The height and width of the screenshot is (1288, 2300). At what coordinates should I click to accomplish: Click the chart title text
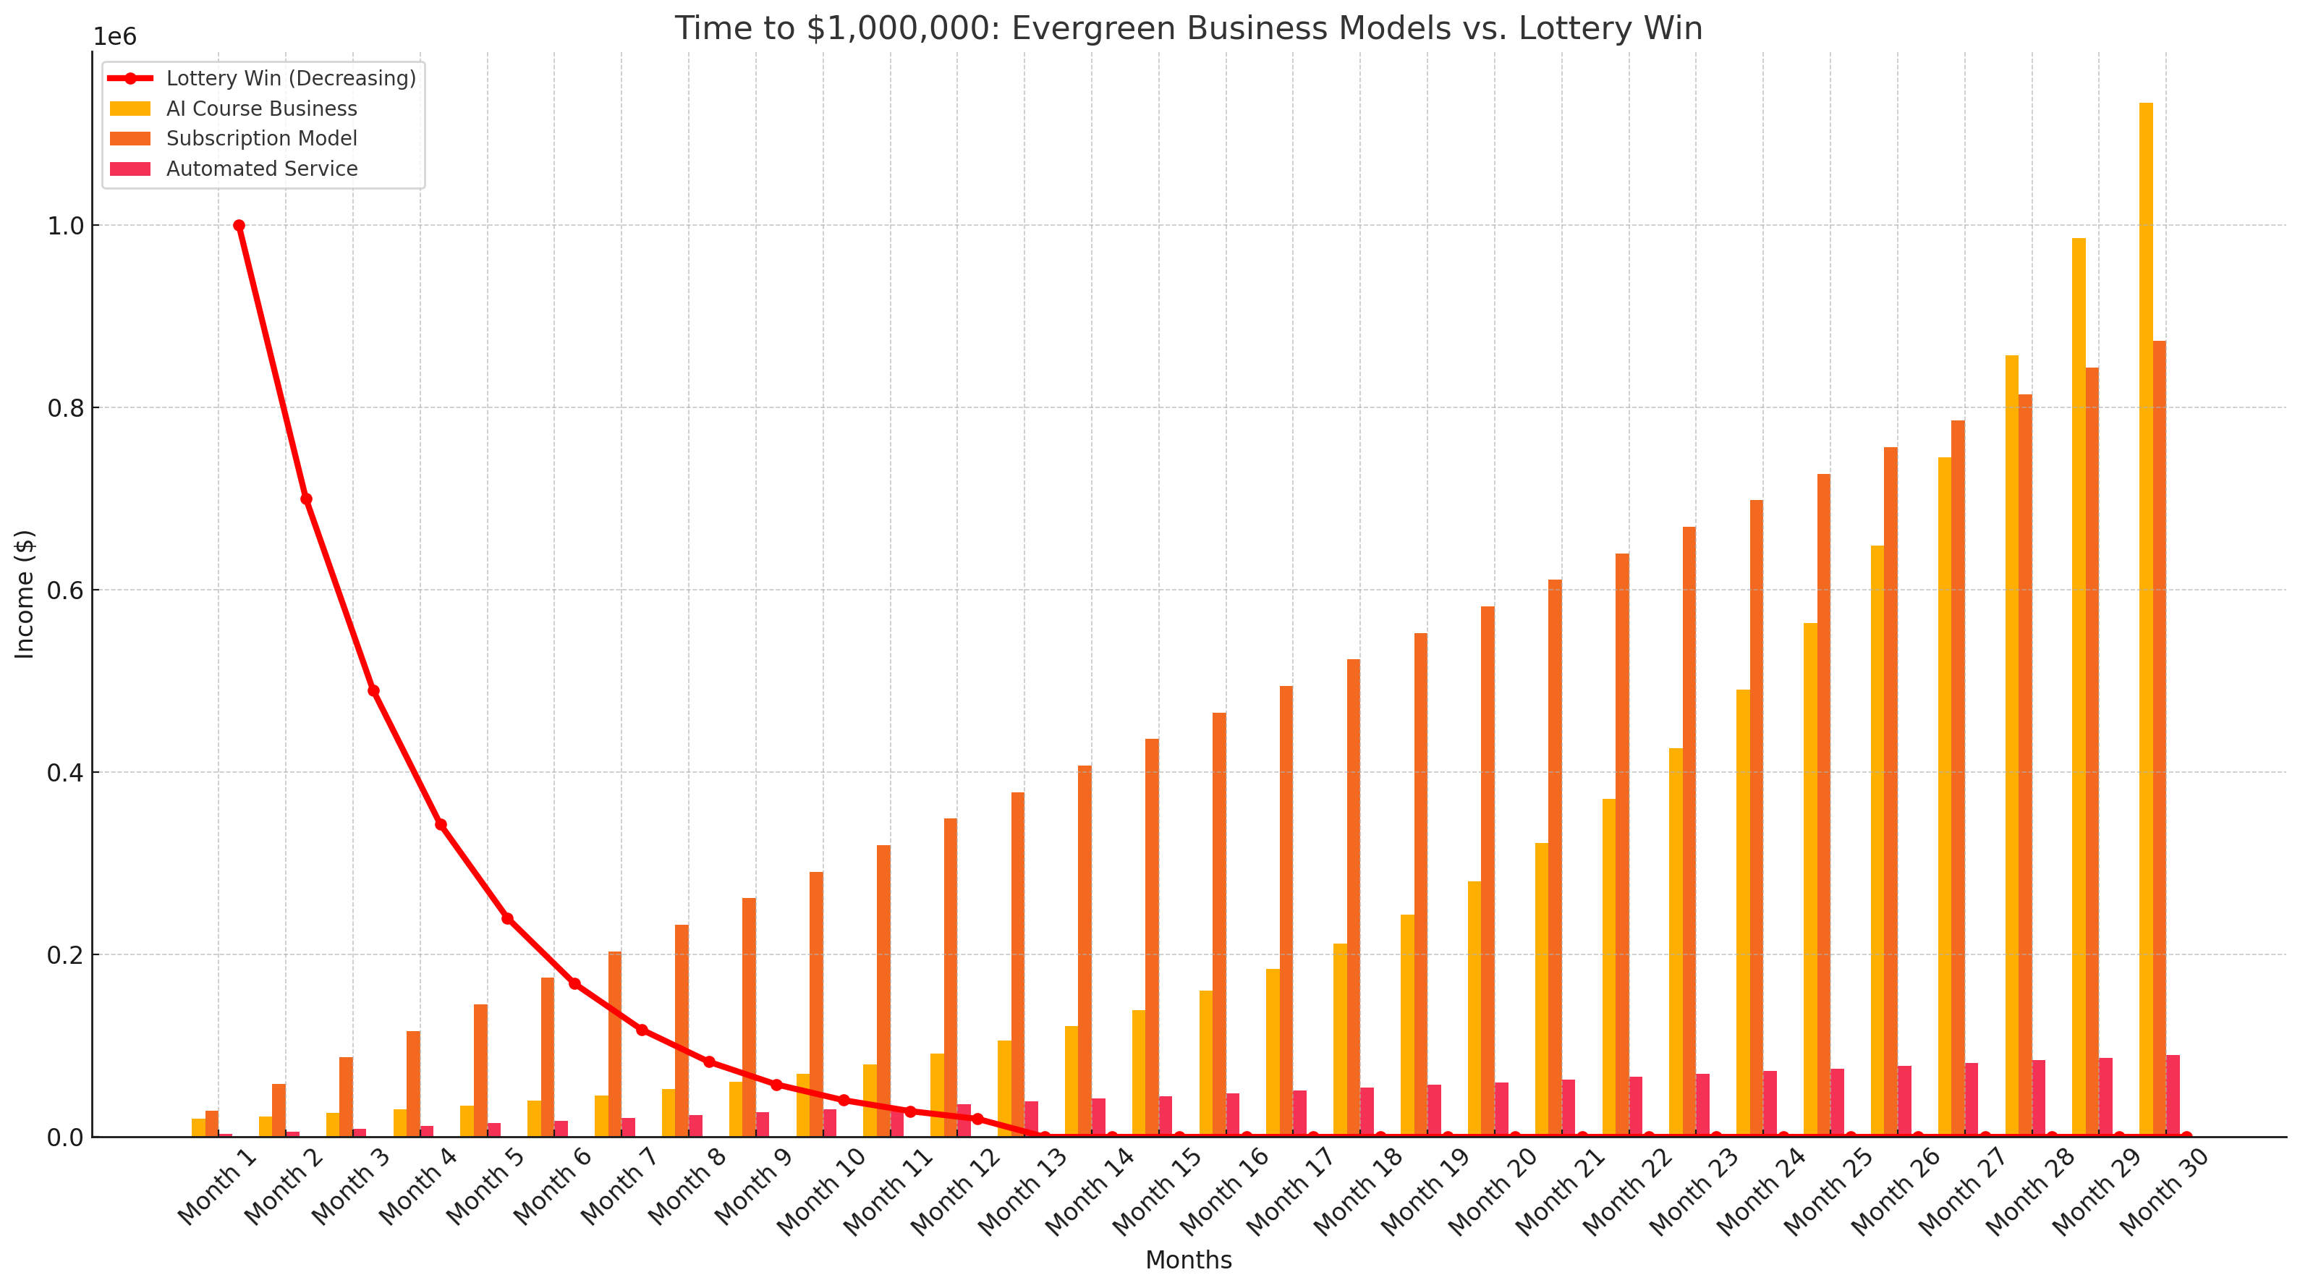coord(1187,29)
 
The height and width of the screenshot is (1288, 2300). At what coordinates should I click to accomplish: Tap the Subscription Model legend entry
coord(260,138)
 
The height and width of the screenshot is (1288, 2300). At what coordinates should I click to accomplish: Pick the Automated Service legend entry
coord(260,169)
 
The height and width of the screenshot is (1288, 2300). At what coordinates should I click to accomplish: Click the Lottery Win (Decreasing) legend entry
coord(290,79)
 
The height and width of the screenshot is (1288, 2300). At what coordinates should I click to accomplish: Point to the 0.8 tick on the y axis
coord(65,408)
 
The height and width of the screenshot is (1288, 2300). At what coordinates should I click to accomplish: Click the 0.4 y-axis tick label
coord(65,773)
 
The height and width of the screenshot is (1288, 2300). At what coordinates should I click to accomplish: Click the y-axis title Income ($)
coord(25,594)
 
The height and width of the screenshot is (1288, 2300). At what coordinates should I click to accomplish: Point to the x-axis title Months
coord(1187,1261)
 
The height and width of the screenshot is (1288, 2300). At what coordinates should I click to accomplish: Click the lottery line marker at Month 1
coord(239,226)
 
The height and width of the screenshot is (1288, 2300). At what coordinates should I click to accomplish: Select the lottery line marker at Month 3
coord(373,690)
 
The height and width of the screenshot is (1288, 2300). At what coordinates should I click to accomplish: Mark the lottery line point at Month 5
coord(507,918)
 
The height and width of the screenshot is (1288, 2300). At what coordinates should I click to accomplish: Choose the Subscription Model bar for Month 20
coord(1488,871)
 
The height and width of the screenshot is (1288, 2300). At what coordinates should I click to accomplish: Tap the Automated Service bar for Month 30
coord(2173,1096)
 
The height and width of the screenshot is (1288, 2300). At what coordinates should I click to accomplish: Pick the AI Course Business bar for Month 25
coord(1809,880)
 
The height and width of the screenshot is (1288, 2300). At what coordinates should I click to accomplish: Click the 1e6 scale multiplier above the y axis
coord(115,38)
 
